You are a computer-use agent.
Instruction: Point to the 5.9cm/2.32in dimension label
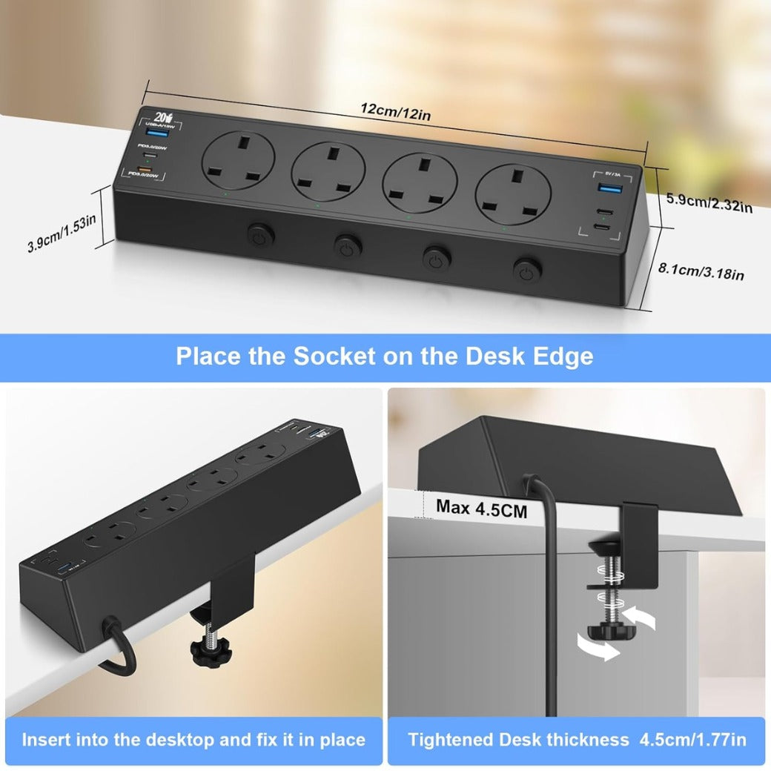(709, 202)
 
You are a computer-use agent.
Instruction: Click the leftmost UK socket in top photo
(238, 162)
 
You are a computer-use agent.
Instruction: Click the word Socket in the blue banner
(334, 356)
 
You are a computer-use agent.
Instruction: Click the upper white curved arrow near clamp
(641, 615)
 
